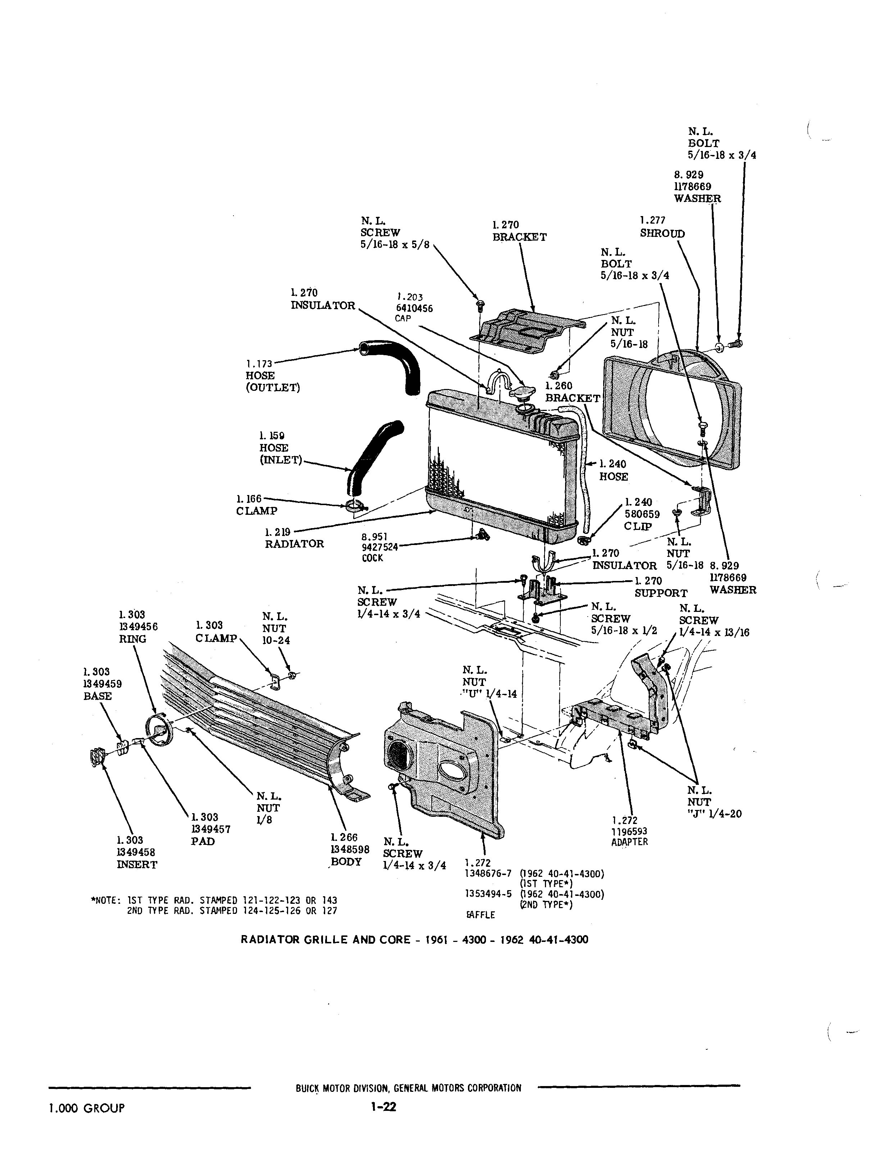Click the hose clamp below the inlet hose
357,506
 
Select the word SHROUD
662,233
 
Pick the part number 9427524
380,547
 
